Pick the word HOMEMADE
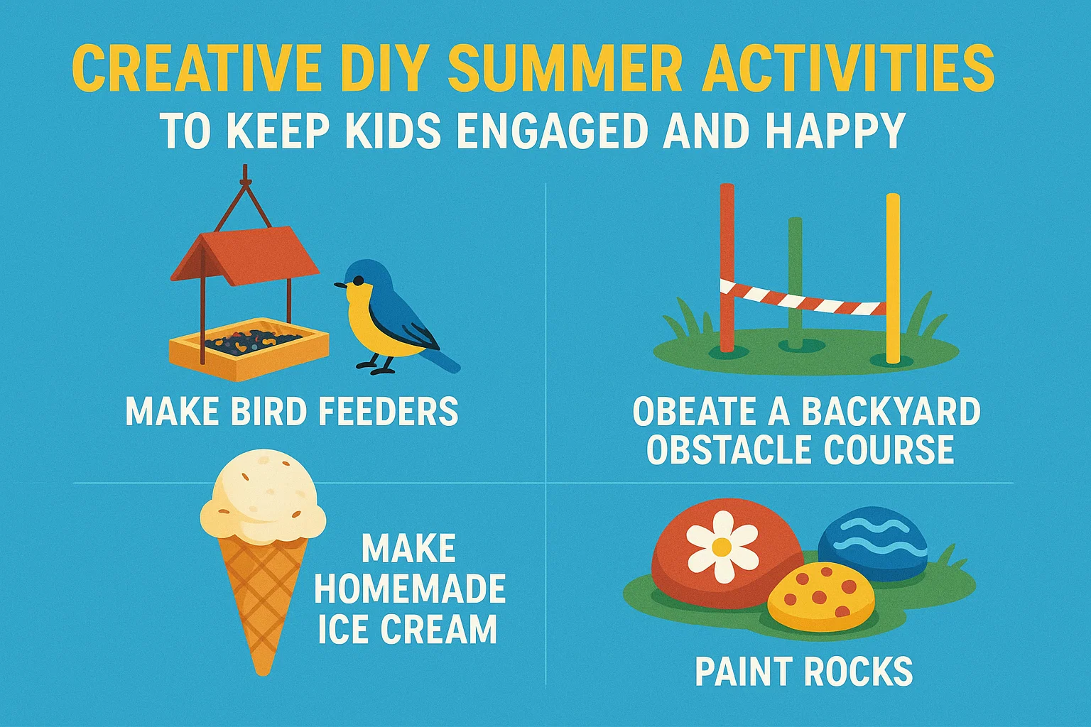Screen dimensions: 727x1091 [410, 589]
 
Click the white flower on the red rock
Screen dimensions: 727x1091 [722, 546]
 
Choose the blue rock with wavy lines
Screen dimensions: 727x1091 [872, 542]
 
